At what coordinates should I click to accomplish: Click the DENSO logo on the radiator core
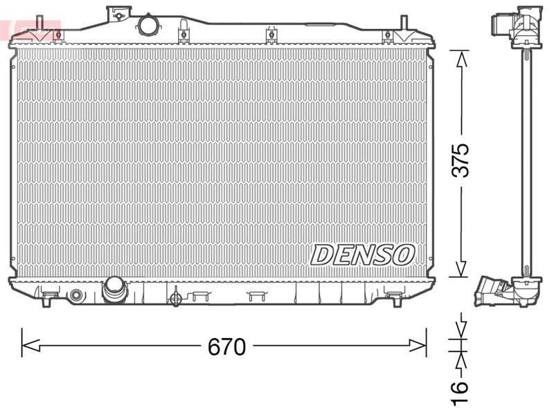pyautogui.click(x=362, y=254)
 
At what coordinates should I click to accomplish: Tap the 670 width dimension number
pyautogui.click(x=226, y=346)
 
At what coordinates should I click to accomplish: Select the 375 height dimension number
pyautogui.click(x=461, y=160)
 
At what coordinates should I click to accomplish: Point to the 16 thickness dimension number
pyautogui.click(x=459, y=391)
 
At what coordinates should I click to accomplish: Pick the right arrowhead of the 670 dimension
pyautogui.click(x=418, y=345)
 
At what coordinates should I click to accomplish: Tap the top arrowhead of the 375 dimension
pyautogui.click(x=461, y=59)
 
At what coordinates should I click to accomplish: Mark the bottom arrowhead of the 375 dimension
pyautogui.click(x=461, y=268)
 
